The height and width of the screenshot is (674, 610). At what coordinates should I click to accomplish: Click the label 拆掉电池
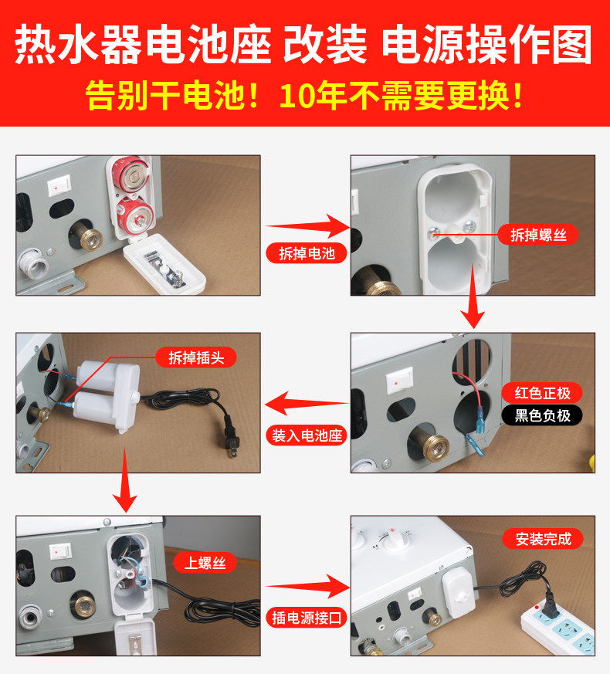coord(307,253)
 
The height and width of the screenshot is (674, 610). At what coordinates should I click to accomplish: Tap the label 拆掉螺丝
coord(538,235)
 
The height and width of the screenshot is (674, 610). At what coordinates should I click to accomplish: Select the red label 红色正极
coord(542,392)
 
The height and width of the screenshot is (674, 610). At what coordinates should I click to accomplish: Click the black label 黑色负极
coord(542,415)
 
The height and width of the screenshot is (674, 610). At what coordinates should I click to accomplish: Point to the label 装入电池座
coord(307,434)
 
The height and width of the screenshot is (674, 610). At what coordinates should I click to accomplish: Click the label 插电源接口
coord(307,617)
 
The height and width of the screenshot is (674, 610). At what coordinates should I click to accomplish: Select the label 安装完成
coord(544,539)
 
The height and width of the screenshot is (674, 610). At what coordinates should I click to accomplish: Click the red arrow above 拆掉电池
coord(307,225)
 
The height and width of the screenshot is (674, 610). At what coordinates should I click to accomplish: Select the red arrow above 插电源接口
coord(307,585)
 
